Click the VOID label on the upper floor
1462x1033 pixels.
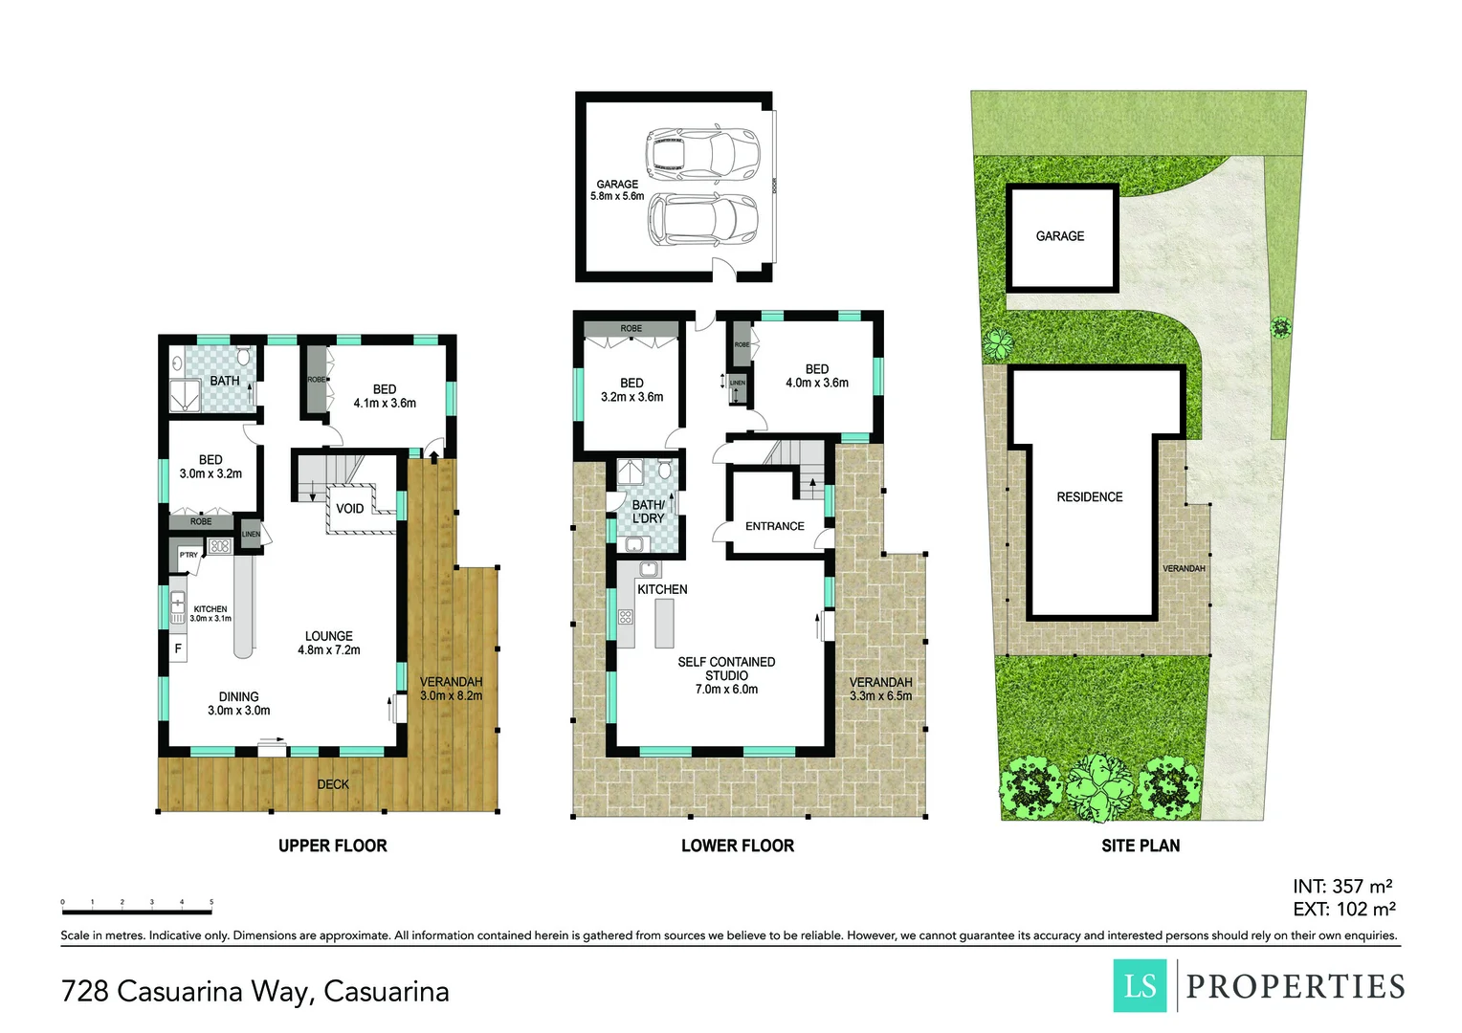tap(349, 509)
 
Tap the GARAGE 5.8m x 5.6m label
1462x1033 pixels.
tap(617, 190)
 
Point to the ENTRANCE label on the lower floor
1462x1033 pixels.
tap(774, 526)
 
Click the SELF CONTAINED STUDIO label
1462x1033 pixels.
tap(726, 674)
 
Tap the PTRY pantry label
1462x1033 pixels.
tap(188, 555)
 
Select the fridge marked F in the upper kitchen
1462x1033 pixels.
tap(178, 649)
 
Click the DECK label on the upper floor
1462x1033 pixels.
tap(333, 784)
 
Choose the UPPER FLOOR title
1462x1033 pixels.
tap(332, 846)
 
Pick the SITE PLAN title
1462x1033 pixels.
tap(1140, 846)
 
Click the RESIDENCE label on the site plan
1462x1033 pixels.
tap(1089, 497)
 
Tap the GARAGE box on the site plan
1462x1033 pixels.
tap(1060, 236)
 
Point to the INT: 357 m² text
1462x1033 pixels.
tap(1341, 887)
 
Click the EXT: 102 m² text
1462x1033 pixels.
tap(1343, 910)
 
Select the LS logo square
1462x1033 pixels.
tap(1140, 985)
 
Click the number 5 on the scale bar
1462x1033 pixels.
tap(211, 902)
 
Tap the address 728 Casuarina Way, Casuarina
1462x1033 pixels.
tap(255, 992)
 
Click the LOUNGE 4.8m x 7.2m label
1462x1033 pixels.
tap(328, 643)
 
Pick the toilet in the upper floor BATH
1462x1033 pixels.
tap(244, 358)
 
